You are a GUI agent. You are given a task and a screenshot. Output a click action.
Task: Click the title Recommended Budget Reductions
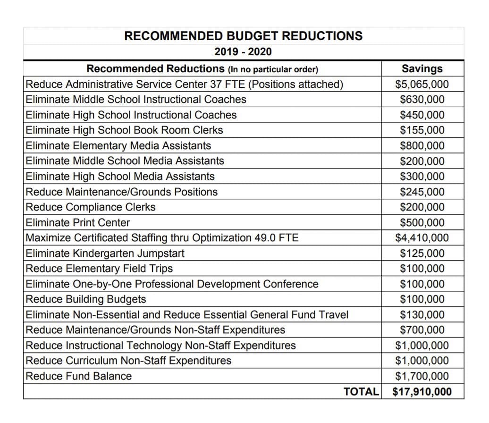coord(244,36)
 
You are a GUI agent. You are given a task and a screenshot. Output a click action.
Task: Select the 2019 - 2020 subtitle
coord(244,52)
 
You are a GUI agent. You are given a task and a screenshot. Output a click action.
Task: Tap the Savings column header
coord(422,68)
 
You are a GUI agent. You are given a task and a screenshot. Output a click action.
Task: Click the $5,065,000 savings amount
coord(422,85)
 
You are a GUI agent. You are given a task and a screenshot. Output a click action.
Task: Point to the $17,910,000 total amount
coord(422,391)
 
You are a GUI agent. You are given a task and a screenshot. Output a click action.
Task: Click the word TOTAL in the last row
coord(361,391)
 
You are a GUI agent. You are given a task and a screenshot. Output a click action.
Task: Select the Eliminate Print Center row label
coord(78,222)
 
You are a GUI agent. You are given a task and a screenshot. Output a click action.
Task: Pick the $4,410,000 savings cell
coord(422,238)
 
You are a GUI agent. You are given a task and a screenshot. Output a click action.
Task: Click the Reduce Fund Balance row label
coord(79,376)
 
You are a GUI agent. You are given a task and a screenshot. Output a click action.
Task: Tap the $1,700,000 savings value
coord(422,376)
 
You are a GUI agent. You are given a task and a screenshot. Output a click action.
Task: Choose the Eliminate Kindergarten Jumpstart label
coord(105,254)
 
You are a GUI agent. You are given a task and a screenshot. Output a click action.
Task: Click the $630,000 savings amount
coord(422,100)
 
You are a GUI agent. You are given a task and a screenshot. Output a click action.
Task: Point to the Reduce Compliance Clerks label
coord(91,207)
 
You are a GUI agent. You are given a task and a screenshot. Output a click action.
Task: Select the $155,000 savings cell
coord(422,130)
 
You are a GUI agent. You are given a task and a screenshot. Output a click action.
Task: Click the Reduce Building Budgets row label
coord(86,299)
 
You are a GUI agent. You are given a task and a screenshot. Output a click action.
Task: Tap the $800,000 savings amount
coord(422,146)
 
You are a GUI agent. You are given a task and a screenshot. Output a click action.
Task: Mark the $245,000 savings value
coord(422,192)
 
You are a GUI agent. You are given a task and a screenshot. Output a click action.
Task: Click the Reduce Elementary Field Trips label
coord(99,269)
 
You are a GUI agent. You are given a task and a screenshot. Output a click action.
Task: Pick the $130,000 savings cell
coord(422,314)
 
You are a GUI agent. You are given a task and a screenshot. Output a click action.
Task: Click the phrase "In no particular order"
coord(273,70)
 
